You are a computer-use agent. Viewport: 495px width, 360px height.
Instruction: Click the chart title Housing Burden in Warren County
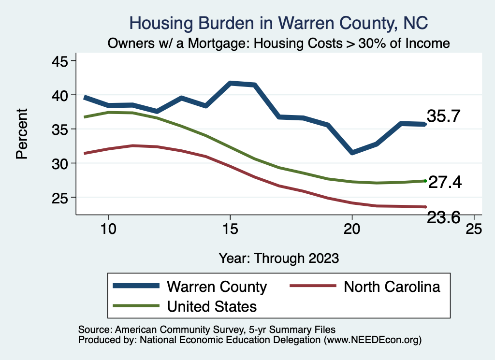279,23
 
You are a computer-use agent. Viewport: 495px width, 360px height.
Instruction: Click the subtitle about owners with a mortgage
279,43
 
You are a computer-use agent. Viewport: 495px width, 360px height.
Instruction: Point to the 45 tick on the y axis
60,61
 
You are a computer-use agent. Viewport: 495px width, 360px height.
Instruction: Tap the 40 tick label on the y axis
60,95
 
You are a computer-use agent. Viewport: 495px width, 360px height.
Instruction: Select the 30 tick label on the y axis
60,163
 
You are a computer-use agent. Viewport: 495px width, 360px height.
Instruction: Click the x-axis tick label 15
230,229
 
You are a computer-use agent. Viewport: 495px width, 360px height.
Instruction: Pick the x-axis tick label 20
352,229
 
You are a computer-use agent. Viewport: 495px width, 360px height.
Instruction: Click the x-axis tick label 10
108,229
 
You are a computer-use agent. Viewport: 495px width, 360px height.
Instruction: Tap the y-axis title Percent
22,133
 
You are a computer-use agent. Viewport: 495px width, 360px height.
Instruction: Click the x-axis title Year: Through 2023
278,258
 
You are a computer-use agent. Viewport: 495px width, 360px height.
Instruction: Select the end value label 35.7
443,116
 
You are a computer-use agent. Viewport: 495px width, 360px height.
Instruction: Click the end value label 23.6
443,218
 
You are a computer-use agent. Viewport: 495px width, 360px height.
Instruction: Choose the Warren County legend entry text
217,287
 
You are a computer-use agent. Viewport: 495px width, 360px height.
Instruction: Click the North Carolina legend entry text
392,287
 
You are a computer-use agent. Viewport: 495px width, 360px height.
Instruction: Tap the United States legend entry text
212,306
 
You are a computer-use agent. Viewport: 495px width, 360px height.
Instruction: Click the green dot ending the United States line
425,181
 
